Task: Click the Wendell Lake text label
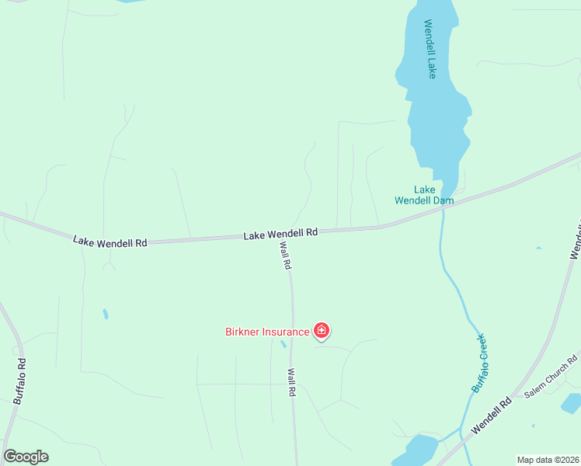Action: tap(430, 49)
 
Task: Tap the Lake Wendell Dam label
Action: tap(423, 195)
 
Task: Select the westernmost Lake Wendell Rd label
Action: tap(110, 242)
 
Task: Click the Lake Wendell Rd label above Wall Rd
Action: tap(280, 233)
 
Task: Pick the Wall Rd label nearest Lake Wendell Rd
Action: tap(285, 256)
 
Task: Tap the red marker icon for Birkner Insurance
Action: tap(322, 332)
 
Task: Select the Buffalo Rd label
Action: tap(19, 381)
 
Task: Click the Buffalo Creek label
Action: tap(479, 362)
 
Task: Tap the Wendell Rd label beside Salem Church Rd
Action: tap(492, 416)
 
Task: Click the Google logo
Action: tap(26, 457)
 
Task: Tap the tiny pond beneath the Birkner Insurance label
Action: tap(284, 344)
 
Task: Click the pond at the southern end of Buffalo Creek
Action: tap(420, 448)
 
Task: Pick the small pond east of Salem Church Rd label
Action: tap(571, 403)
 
